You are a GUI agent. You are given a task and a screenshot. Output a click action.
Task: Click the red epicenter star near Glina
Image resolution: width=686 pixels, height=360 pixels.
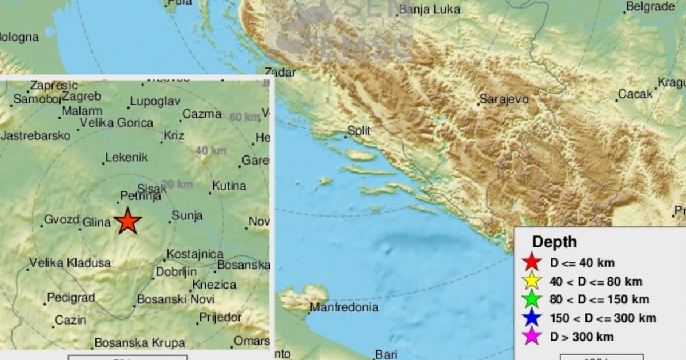pyautogui.click(x=127, y=221)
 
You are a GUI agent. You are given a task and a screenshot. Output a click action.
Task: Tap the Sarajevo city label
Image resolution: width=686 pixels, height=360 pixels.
pyautogui.click(x=504, y=99)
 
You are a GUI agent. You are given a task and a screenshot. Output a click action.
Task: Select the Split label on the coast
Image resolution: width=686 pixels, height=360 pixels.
pyautogui.click(x=358, y=131)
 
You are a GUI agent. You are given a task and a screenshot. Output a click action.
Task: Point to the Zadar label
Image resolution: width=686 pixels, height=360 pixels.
pyautogui.click(x=281, y=73)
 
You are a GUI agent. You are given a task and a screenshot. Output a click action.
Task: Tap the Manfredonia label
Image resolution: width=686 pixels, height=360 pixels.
pyautogui.click(x=344, y=308)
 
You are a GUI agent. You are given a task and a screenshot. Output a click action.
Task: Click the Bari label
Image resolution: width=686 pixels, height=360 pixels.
pyautogui.click(x=386, y=354)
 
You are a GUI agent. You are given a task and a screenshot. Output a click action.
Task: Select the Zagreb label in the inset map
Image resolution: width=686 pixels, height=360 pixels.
pyautogui.click(x=82, y=96)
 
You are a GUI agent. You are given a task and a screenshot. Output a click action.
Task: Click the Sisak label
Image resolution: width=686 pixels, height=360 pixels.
pyautogui.click(x=151, y=188)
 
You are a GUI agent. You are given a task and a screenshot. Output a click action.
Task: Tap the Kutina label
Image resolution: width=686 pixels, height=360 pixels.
pyautogui.click(x=229, y=186)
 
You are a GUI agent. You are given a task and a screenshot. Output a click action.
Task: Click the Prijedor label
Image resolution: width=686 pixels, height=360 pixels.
pyautogui.click(x=221, y=317)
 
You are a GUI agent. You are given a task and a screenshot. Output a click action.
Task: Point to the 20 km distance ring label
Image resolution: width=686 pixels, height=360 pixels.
pyautogui.click(x=177, y=185)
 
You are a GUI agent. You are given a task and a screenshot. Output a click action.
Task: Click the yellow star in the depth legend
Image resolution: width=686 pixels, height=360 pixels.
pyautogui.click(x=532, y=281)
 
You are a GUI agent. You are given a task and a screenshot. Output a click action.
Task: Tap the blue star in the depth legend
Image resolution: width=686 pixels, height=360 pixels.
pyautogui.click(x=532, y=318)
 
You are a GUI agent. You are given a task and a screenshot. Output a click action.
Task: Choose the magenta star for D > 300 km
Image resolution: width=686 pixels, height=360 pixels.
pyautogui.click(x=532, y=337)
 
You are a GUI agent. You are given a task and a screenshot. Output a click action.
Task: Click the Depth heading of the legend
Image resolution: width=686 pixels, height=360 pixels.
pyautogui.click(x=554, y=242)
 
